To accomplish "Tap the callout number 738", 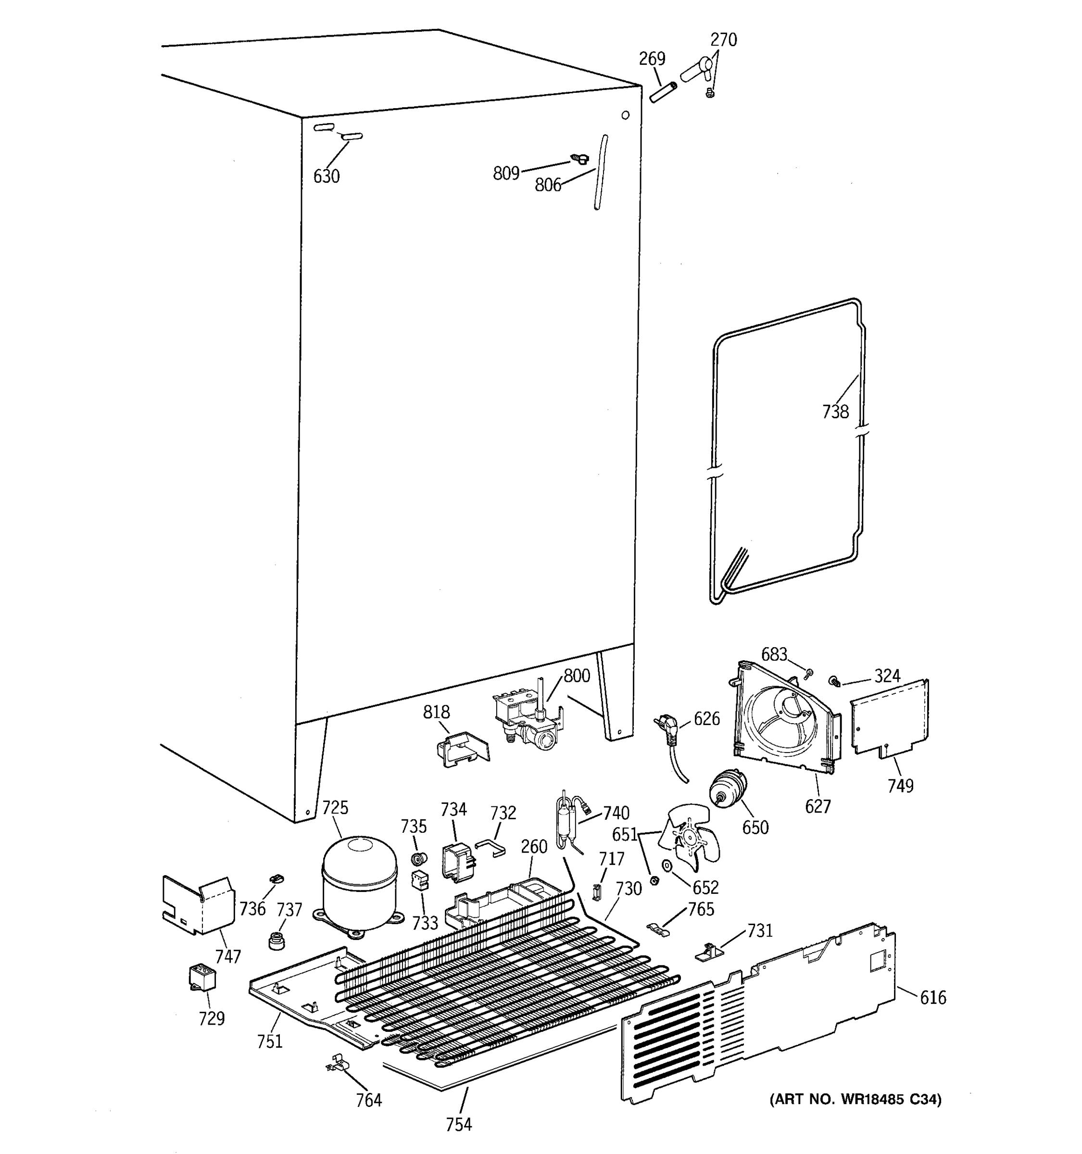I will [x=835, y=412].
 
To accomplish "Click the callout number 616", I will [x=933, y=997].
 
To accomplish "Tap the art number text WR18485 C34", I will [x=855, y=1099].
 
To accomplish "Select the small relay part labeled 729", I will [x=202, y=977].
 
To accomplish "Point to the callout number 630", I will [x=326, y=176].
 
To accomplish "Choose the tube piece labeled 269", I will [x=664, y=93].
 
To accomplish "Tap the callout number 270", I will [x=723, y=39].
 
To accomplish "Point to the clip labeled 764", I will [x=337, y=1064].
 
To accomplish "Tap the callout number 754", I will [x=459, y=1124].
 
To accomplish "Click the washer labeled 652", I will [x=667, y=865].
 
